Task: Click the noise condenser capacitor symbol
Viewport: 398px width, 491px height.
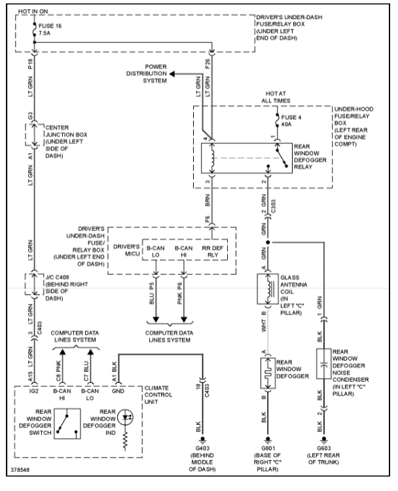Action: (x=321, y=366)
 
